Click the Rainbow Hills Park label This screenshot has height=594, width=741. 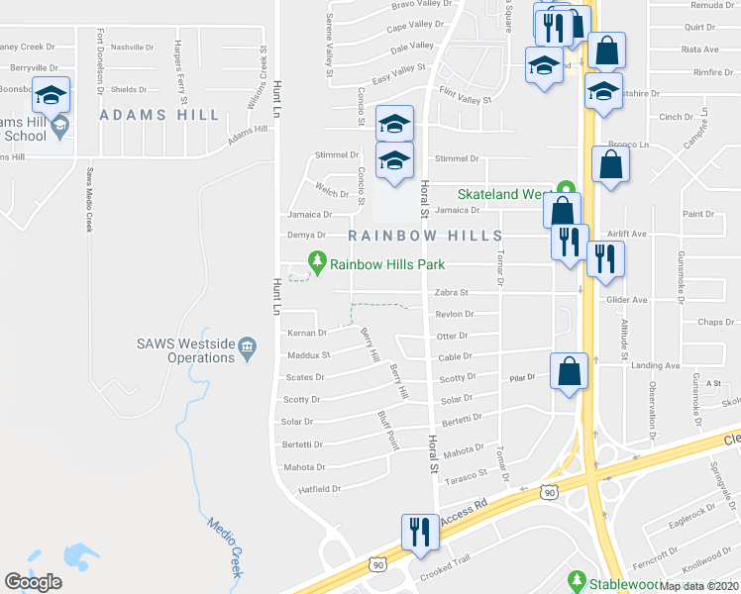387,264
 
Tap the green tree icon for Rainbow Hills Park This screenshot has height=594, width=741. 318,263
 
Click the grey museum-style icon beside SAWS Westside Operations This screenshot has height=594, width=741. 248,346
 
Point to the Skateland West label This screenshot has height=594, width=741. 503,195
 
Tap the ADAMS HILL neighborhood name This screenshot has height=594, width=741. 159,115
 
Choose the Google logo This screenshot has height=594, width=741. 34,581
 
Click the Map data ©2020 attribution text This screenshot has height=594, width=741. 700,586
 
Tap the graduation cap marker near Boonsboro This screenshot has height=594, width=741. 52,94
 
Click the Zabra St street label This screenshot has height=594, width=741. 451,293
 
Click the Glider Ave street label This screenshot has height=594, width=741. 626,300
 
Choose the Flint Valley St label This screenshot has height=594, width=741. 467,97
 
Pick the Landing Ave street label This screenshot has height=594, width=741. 660,365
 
